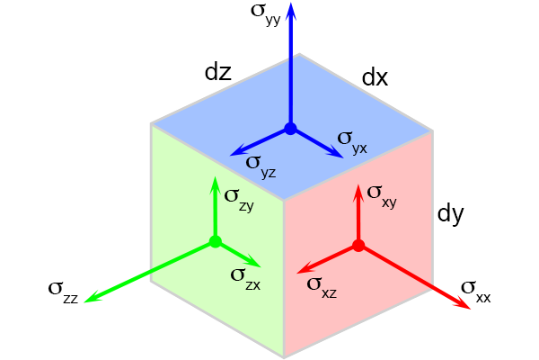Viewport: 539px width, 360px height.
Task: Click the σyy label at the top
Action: pos(266,14)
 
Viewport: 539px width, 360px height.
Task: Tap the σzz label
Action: pos(64,292)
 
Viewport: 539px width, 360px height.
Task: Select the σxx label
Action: pos(476,292)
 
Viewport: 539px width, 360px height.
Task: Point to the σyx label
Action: pos(352,142)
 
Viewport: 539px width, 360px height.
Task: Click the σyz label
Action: pos(261,166)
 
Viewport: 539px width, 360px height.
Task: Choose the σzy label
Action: pos(239,200)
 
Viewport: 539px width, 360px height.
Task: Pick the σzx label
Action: pos(246,279)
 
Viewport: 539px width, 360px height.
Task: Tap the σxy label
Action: pos(382,197)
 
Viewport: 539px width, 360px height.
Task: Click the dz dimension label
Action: pos(218,73)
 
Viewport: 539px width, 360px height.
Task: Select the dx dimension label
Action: pos(375,78)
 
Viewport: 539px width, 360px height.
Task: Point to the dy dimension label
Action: pos(450,214)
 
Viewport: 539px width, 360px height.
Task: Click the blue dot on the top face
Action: pos(290,129)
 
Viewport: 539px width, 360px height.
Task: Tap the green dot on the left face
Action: pos(216,241)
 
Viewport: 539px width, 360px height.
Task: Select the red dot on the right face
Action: pos(358,246)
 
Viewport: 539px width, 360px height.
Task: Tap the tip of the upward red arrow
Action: pos(358,184)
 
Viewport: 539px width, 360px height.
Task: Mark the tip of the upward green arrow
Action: pos(216,176)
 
